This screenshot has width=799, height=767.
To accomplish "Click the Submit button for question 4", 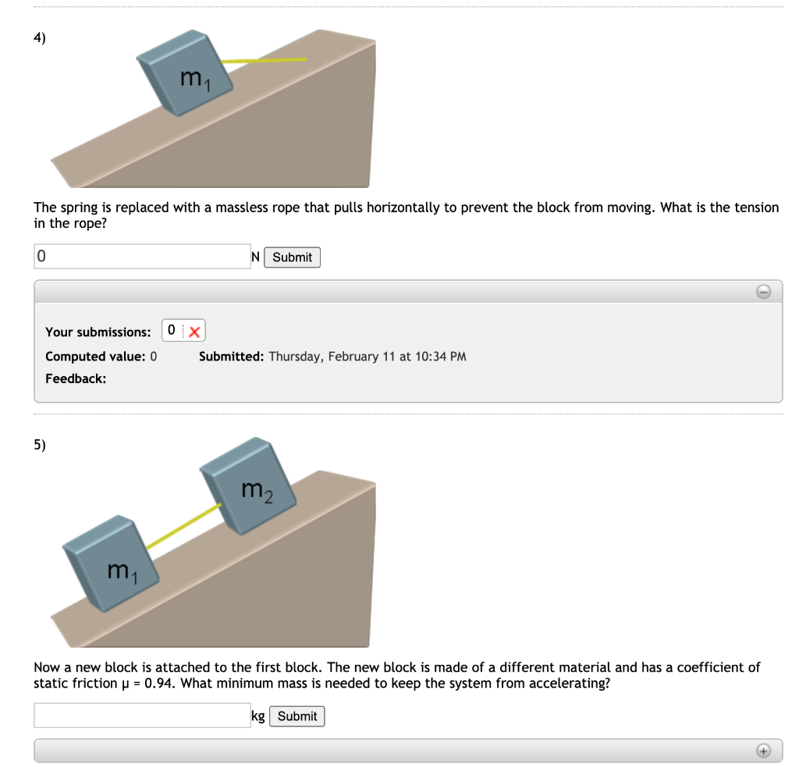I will click(x=292, y=257).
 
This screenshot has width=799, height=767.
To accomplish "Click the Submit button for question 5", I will click(x=297, y=716).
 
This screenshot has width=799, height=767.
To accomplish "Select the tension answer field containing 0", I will click(x=142, y=257).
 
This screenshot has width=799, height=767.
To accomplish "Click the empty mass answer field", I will click(x=142, y=716).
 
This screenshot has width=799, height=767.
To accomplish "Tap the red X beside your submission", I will click(x=195, y=331).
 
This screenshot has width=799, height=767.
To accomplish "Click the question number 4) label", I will click(x=40, y=41).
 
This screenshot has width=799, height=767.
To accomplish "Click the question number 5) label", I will click(x=40, y=446).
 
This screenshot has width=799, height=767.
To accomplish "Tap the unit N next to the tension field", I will click(x=255, y=257).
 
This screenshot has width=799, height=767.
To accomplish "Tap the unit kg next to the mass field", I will click(x=258, y=716).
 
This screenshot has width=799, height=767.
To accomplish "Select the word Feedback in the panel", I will click(x=75, y=378).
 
